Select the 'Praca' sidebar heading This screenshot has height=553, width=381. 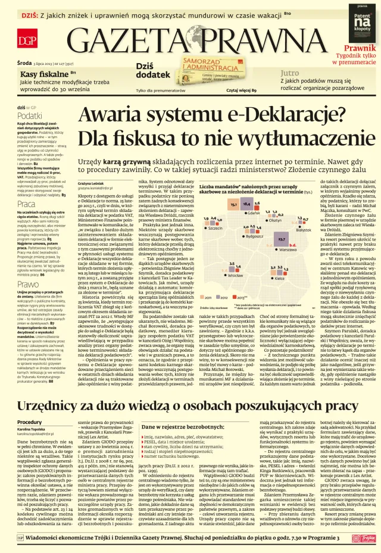[x=26, y=204]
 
